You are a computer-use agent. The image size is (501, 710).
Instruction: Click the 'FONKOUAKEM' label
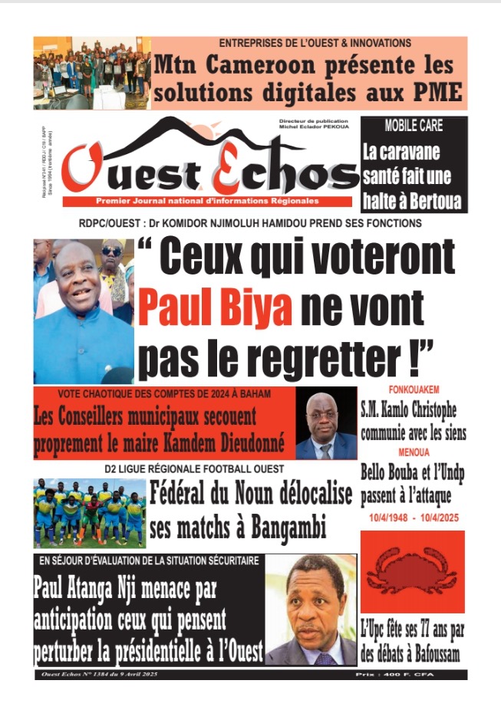click(413, 390)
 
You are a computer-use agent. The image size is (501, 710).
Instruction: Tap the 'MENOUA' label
click(413, 452)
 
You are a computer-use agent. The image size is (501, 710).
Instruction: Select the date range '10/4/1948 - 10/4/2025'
click(413, 519)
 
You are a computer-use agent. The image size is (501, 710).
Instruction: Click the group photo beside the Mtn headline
click(91, 73)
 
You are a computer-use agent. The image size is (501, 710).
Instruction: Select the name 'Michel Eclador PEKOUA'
click(314, 129)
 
